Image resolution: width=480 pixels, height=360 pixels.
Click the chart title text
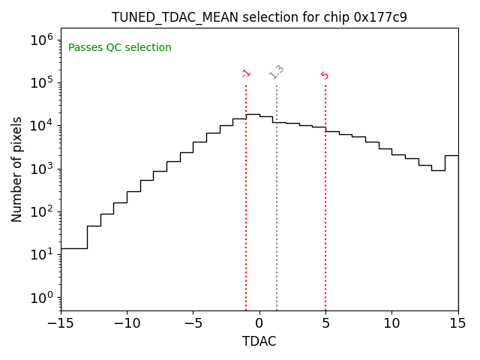point(259,16)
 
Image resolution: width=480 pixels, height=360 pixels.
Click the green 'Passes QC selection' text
point(120,48)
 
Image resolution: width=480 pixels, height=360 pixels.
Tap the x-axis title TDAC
point(259,341)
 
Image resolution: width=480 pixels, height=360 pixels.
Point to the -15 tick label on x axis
point(61,323)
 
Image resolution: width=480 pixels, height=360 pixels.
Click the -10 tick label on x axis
point(127,323)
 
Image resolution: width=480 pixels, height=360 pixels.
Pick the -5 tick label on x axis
point(193,323)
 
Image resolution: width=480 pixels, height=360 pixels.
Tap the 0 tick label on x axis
point(259,323)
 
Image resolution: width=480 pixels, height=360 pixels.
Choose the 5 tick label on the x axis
point(325,323)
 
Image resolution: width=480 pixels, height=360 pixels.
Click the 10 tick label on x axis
point(391,323)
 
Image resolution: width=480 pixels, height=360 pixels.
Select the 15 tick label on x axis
point(457,323)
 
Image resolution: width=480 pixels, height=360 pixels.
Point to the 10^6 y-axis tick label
point(41,40)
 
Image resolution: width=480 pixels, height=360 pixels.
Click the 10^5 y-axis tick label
point(41,82)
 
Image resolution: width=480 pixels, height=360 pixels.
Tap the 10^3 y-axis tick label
point(41,169)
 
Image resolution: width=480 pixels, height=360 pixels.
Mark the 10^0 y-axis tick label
point(41,298)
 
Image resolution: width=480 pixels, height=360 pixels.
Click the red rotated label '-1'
point(246,73)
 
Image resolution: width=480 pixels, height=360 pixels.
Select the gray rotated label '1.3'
point(277,72)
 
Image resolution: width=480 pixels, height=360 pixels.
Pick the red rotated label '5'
point(325,75)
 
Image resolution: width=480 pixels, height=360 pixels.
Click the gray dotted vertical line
point(277,202)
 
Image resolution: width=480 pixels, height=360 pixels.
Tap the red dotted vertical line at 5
point(325,202)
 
